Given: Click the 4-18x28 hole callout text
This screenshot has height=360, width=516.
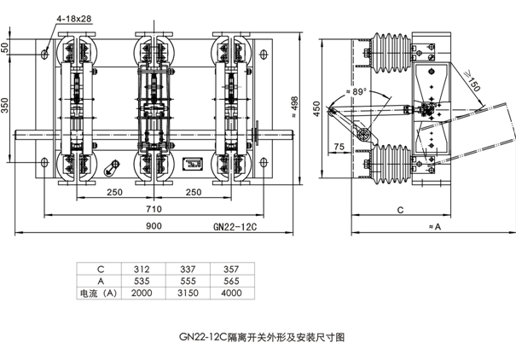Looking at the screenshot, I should pyautogui.click(x=75, y=18).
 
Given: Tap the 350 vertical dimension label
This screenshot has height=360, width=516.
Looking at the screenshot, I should pyautogui.click(x=8, y=105).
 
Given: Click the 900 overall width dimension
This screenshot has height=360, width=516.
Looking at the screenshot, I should pyautogui.click(x=154, y=227).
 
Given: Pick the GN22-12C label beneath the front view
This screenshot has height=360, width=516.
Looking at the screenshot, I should pyautogui.click(x=234, y=228).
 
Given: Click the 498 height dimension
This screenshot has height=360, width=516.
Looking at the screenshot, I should pyautogui.click(x=293, y=103).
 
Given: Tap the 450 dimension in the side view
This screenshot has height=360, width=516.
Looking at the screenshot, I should pyautogui.click(x=316, y=109).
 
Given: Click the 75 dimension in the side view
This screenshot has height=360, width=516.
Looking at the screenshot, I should pyautogui.click(x=339, y=147).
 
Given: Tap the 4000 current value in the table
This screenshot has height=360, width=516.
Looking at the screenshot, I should pyautogui.click(x=231, y=293).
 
